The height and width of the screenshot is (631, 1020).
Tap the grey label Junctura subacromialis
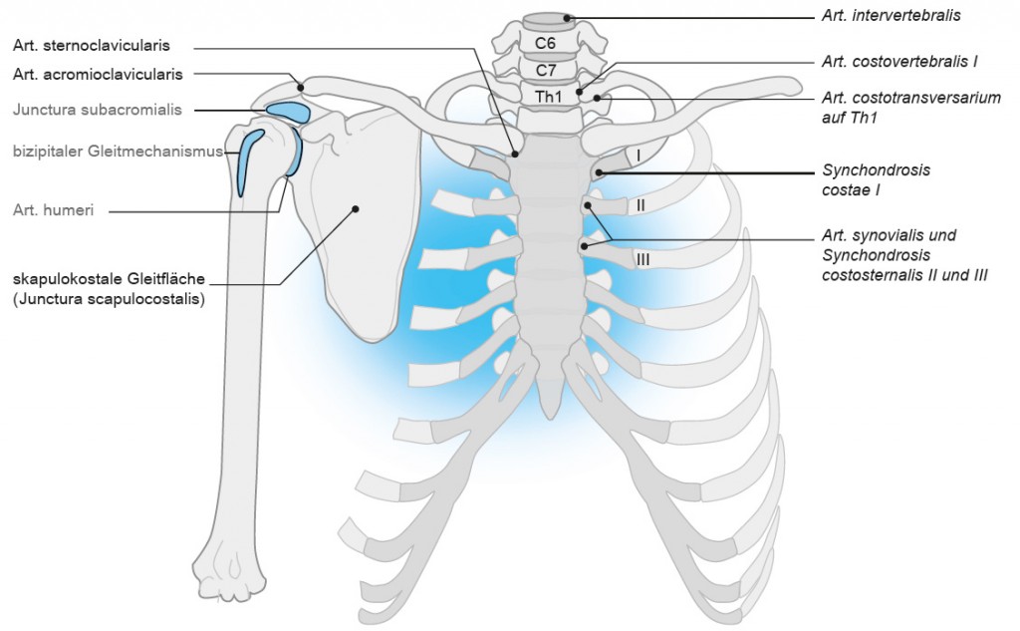[98, 110]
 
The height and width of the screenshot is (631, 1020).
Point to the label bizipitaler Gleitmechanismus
[116, 152]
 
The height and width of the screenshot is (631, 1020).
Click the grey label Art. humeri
[55, 210]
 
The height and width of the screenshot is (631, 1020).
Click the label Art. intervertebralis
[891, 16]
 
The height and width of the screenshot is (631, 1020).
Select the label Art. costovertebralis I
[899, 62]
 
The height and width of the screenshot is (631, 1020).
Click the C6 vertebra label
[545, 44]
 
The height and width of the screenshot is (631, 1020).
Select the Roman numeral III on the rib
[642, 259]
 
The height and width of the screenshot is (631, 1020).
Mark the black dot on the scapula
[355, 208]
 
